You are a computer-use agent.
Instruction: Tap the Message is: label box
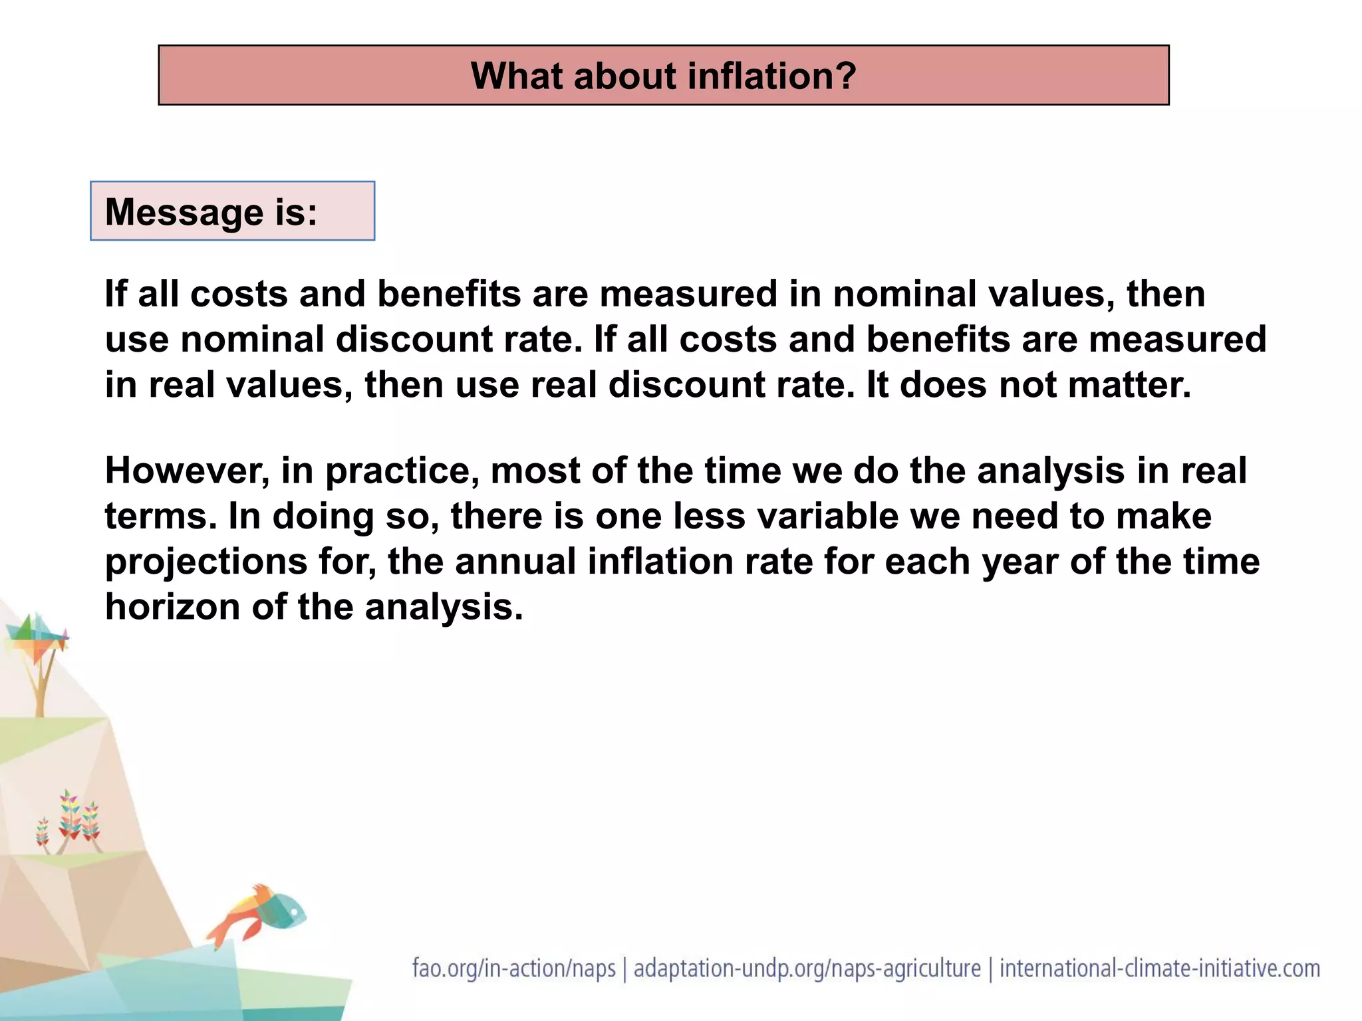point(232,211)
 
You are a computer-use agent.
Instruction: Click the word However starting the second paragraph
point(187,471)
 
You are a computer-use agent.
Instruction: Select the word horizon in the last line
point(172,607)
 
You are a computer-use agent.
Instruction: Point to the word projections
point(206,562)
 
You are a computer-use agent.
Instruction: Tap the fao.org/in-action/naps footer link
point(513,968)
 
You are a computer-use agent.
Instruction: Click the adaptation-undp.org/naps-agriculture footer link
point(807,968)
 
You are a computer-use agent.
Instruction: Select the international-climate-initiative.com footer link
point(1160,968)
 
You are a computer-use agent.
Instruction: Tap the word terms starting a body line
point(160,516)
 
